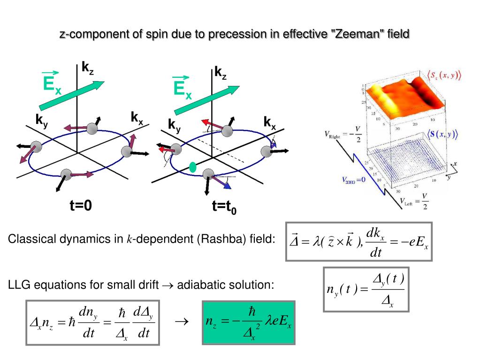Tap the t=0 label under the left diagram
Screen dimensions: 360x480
tap(81, 206)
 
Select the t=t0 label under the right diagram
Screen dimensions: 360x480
tap(224, 207)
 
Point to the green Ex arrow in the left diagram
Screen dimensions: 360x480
tap(71, 95)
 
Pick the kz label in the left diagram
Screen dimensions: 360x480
tap(87, 68)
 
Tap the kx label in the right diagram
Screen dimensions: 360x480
tap(269, 123)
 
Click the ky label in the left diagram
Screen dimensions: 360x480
tap(42, 120)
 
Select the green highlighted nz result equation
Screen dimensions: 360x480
tap(248, 322)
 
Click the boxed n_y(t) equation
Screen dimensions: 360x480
tap(366, 289)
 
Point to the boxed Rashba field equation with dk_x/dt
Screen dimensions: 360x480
tap(359, 242)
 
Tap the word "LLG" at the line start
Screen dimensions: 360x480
tap(17, 284)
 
